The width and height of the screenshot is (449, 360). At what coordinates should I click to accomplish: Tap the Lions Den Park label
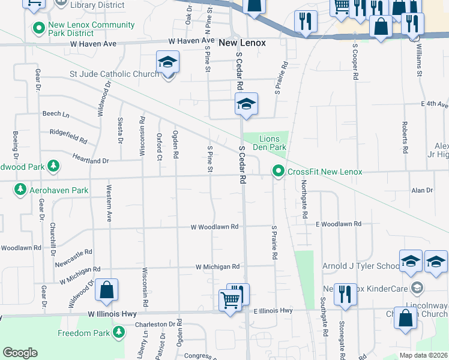[272, 143]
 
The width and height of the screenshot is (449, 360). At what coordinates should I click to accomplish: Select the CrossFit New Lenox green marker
[278, 172]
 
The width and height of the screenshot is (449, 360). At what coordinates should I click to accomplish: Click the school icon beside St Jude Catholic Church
[168, 62]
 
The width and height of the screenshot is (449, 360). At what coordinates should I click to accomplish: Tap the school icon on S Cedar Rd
[246, 104]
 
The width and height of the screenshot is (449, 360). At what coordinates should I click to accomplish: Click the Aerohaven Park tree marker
[20, 190]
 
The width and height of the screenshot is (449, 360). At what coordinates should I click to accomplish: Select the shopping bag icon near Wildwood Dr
[106, 290]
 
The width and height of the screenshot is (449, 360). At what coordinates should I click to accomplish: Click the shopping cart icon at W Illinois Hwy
[231, 300]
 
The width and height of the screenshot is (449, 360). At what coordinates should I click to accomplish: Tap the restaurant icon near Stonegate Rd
[345, 294]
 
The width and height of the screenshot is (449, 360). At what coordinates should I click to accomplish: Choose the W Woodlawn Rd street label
[215, 227]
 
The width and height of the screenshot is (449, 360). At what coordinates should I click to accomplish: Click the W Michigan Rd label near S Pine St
[217, 266]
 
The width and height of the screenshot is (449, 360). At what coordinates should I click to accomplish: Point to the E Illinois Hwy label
[273, 311]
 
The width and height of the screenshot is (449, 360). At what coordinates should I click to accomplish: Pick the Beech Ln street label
[56, 113]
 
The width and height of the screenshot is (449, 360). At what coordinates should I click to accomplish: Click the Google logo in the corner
[20, 353]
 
